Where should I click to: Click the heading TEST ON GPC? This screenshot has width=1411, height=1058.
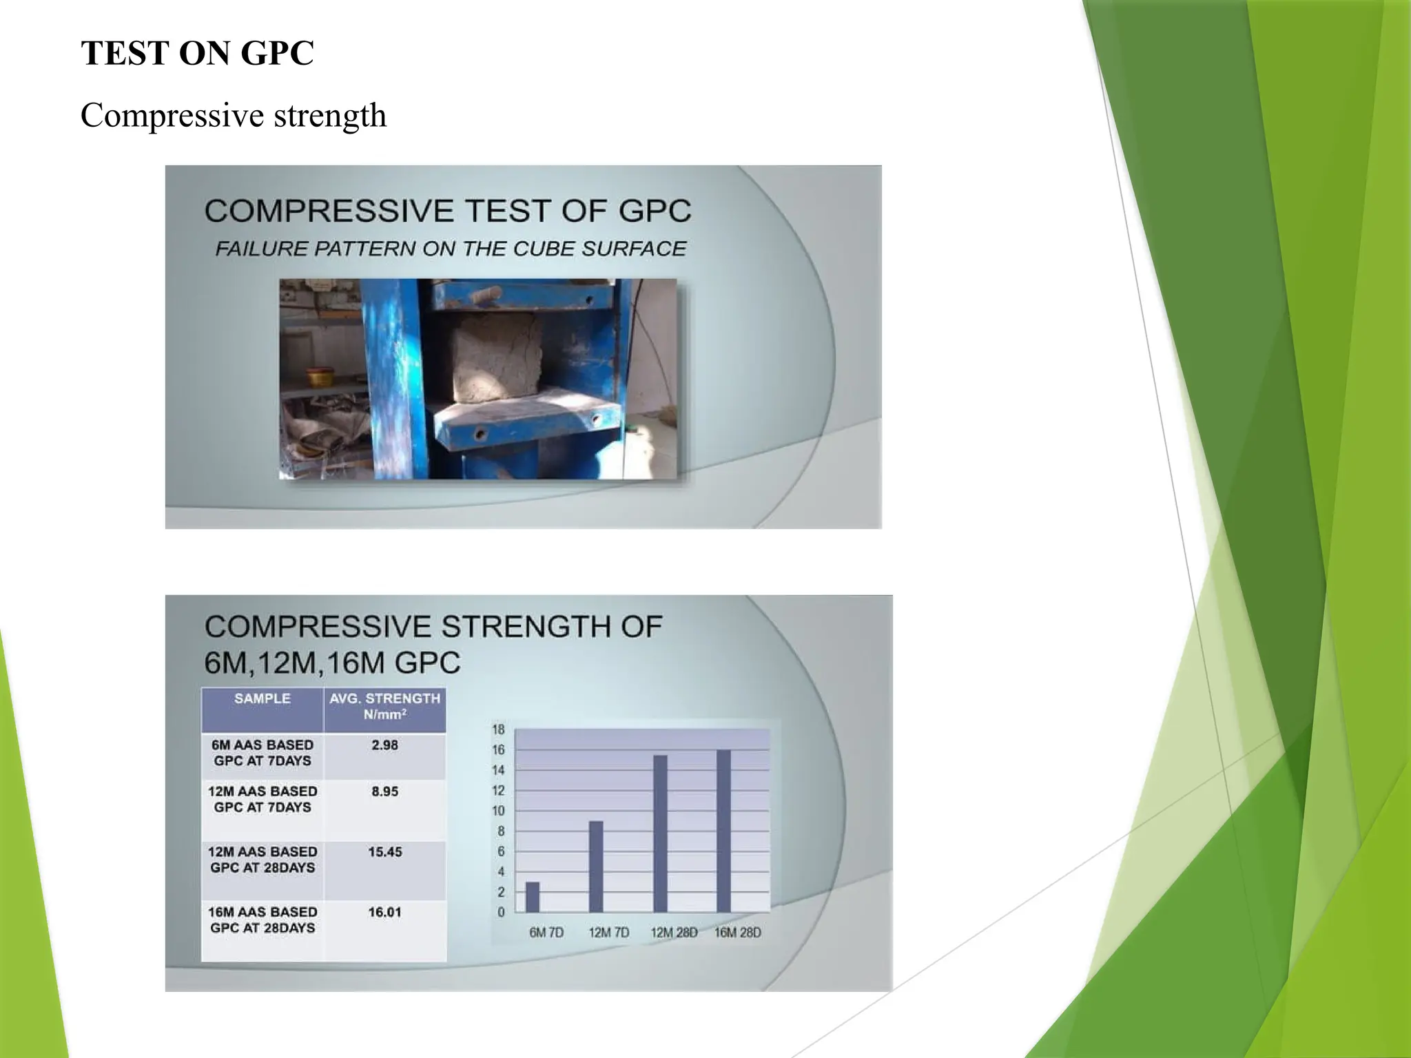197,53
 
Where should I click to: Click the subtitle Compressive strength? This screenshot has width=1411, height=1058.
233,115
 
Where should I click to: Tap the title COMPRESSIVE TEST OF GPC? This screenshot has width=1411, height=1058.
448,211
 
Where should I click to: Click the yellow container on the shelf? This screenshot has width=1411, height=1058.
318,377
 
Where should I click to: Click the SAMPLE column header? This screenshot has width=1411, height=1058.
262,698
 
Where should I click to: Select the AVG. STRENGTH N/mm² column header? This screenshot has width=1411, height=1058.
384,706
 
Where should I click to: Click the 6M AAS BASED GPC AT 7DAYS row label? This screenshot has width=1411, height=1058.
262,753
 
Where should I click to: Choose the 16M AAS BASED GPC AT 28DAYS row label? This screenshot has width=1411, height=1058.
262,920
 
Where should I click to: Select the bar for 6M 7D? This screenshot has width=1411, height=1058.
533,897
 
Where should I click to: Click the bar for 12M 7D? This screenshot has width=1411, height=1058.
596,867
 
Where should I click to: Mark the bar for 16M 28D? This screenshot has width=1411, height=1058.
723,831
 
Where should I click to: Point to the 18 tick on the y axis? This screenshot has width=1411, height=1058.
498,729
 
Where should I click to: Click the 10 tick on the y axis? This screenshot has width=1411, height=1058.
498,811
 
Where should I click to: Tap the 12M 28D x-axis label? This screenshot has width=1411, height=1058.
674,933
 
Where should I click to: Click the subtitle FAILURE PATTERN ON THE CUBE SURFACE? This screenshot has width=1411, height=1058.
451,249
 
